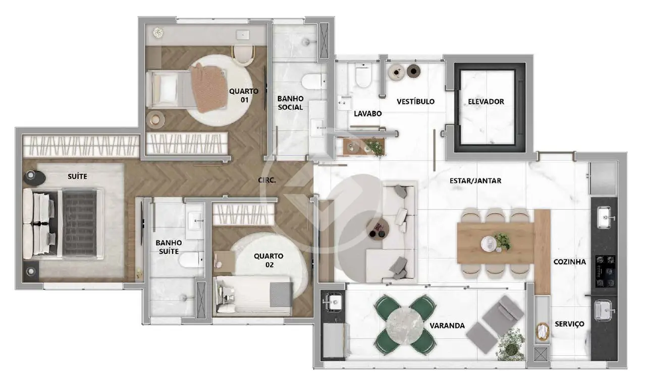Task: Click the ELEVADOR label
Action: tap(486, 102)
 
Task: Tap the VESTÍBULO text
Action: tap(415, 101)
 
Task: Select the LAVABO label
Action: tap(368, 114)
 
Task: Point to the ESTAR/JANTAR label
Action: tap(475, 181)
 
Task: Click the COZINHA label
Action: tap(570, 262)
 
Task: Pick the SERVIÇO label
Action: tap(570, 324)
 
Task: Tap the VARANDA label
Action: tap(447, 326)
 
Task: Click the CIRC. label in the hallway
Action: tap(267, 180)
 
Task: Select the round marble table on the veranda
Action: tap(405, 326)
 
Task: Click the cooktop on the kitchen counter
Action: tap(605, 271)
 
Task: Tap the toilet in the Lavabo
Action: tap(363, 76)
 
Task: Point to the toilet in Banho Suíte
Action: tap(190, 260)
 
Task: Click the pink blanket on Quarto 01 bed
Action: tap(209, 88)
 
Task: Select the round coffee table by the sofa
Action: tap(378, 229)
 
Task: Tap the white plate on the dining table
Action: tap(489, 243)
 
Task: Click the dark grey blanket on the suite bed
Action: tap(80, 223)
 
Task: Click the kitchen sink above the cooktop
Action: tap(605, 217)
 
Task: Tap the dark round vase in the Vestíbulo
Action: tap(413, 71)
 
